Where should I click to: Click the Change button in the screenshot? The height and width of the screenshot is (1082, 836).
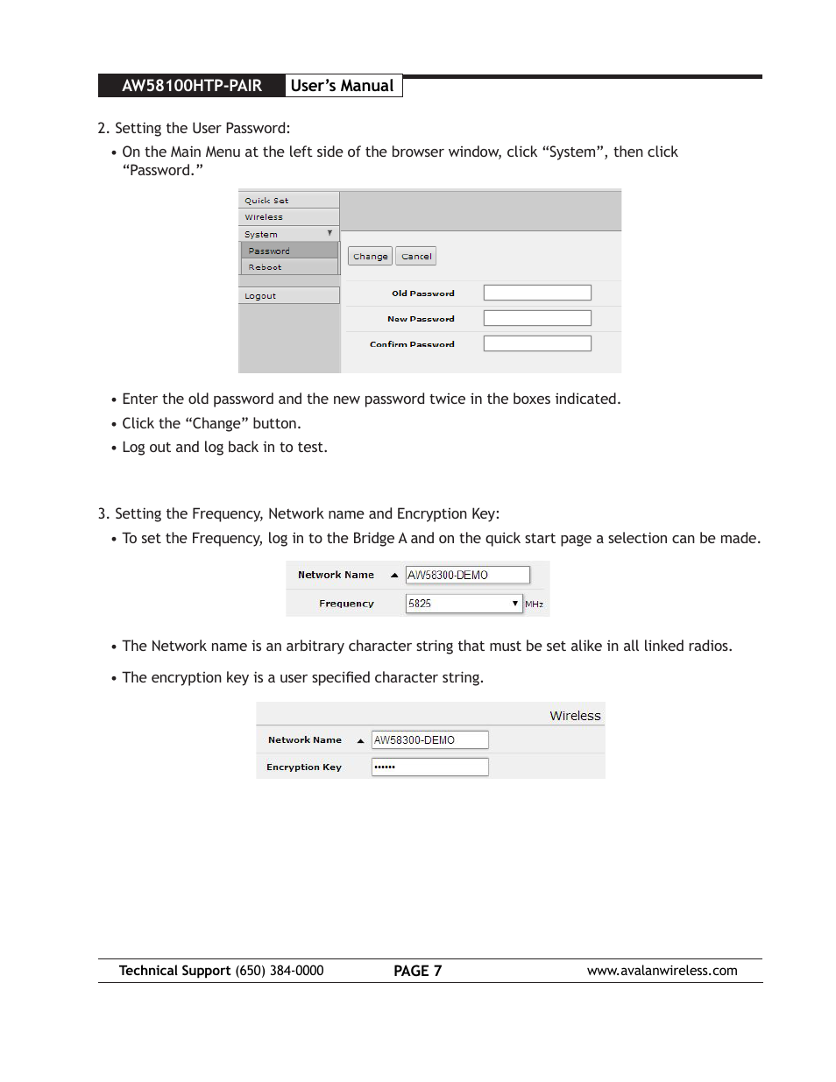pyautogui.click(x=370, y=257)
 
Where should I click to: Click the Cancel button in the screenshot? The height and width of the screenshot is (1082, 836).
pyautogui.click(x=416, y=257)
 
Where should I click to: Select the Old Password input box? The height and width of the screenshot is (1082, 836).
pyautogui.click(x=536, y=293)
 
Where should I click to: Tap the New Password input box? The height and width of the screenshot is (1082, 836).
pyautogui.click(x=536, y=318)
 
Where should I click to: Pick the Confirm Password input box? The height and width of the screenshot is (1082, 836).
pyautogui.click(x=536, y=343)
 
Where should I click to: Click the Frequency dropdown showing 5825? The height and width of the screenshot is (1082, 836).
pyautogui.click(x=464, y=604)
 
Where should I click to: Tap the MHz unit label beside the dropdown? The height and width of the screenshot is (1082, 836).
pyautogui.click(x=534, y=605)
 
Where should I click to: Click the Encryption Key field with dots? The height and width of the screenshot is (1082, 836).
pyautogui.click(x=429, y=767)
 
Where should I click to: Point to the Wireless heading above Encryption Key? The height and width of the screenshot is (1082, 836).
pyautogui.click(x=575, y=716)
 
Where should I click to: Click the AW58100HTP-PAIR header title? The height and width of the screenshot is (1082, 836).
pyautogui.click(x=192, y=86)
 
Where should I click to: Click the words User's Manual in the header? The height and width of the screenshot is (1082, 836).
pyautogui.click(x=342, y=86)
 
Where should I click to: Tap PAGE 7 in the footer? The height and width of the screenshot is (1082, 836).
pyautogui.click(x=417, y=971)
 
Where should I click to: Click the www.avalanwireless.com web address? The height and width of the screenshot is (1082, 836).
pyautogui.click(x=662, y=971)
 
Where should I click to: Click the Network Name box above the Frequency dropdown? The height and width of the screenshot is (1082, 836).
pyautogui.click(x=467, y=575)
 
